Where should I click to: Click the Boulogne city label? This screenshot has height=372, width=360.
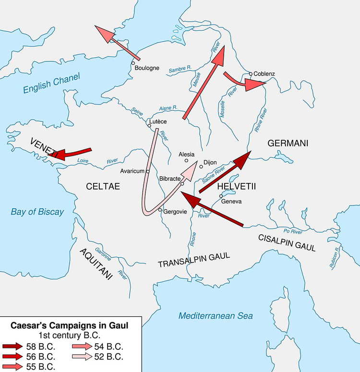(x=147, y=68)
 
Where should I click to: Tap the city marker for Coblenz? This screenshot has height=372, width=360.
(x=250, y=74)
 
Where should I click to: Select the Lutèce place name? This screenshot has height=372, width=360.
(x=158, y=121)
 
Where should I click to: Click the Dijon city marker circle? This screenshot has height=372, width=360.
(x=202, y=167)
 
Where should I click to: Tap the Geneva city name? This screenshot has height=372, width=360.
(x=231, y=201)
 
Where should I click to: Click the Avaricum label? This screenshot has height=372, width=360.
(x=133, y=171)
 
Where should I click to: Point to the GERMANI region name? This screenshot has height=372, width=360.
(x=288, y=143)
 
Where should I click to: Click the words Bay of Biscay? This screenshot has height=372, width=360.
(x=37, y=212)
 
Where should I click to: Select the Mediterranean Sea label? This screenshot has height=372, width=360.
(x=216, y=315)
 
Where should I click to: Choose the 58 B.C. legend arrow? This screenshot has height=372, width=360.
(x=12, y=346)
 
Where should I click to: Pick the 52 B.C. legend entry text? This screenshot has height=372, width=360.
(x=108, y=357)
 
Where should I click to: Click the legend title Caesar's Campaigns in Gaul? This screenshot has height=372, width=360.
(x=70, y=326)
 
